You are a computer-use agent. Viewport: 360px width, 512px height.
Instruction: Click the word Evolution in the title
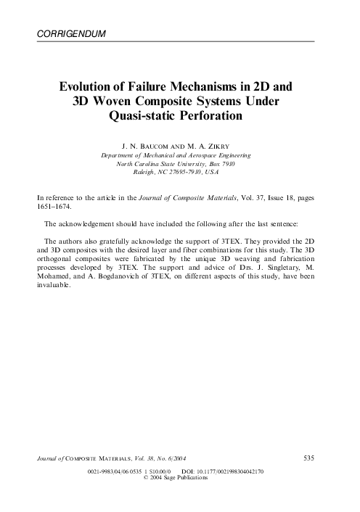pos(91,86)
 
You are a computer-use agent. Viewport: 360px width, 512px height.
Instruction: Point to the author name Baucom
pos(155,145)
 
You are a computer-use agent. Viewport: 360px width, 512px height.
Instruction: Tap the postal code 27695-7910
pos(183,173)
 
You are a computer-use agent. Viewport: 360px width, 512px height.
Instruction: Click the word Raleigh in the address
pos(145,173)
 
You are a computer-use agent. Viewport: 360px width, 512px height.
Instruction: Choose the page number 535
pos(307,458)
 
